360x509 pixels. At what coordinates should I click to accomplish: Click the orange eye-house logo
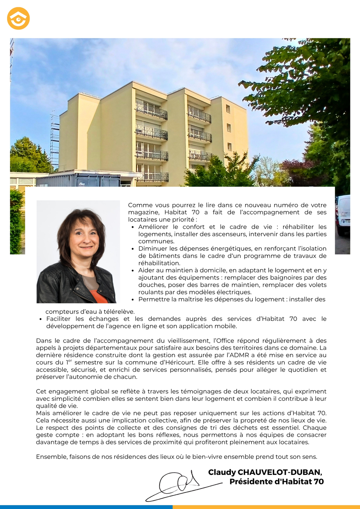coord(18,18)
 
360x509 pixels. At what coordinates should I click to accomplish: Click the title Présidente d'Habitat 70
coord(276,481)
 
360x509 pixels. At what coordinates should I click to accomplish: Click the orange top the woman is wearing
coord(98,296)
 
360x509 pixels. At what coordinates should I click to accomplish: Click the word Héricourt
coord(179,362)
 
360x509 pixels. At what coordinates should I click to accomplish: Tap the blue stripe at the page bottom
coord(86,507)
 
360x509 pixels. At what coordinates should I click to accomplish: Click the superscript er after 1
coord(70,361)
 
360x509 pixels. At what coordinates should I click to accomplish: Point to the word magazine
coord(143,212)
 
